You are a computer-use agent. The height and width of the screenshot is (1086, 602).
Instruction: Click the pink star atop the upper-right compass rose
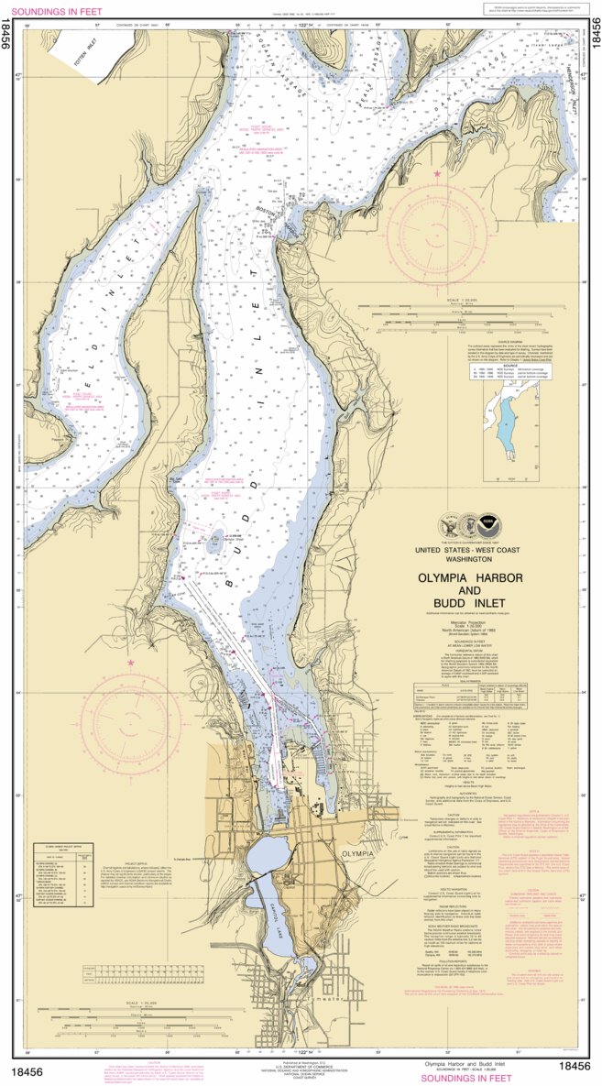click(437, 173)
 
